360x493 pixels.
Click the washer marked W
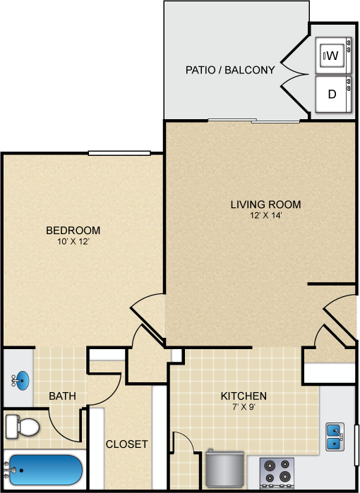[333, 56]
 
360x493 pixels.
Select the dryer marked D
[333, 94]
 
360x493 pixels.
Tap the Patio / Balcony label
[230, 70]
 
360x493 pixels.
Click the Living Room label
[265, 205]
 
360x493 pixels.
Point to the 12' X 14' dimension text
[266, 216]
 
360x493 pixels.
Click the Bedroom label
[73, 230]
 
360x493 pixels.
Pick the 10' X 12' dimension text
[73, 241]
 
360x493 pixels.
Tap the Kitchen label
[244, 396]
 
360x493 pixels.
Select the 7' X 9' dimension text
[244, 407]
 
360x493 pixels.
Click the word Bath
[62, 396]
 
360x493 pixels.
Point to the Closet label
[127, 444]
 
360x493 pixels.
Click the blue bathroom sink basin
[21, 380]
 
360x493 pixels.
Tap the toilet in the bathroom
[23, 427]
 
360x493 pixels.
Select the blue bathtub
[46, 470]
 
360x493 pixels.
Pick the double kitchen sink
[335, 437]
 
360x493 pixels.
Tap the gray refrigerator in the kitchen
[225, 470]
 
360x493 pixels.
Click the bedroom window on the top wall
[119, 153]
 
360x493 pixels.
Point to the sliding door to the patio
[254, 121]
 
